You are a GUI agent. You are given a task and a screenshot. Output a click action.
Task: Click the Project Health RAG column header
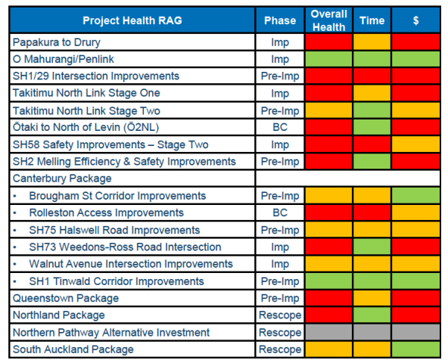click(x=132, y=20)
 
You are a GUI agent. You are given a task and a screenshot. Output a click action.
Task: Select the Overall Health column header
click(x=328, y=20)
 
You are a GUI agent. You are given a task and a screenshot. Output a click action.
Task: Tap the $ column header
click(x=415, y=20)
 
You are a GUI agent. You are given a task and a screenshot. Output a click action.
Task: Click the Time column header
click(x=372, y=20)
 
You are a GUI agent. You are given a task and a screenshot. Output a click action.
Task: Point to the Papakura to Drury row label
click(x=57, y=42)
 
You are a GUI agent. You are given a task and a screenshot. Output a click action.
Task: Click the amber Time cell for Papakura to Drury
click(x=372, y=42)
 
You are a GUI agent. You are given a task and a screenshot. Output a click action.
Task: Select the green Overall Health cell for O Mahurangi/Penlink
click(x=328, y=59)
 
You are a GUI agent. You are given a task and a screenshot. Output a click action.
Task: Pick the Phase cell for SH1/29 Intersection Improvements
click(x=280, y=76)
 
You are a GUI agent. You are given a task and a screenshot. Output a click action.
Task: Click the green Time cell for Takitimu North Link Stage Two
click(x=372, y=110)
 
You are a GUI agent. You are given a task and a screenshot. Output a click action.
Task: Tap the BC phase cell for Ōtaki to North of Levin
click(x=280, y=127)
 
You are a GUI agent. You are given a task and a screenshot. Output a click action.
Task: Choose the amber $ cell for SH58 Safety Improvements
click(x=415, y=144)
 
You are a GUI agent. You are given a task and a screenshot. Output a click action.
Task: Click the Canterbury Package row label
click(x=62, y=178)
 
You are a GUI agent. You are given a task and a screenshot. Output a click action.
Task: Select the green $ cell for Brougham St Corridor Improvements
click(x=415, y=196)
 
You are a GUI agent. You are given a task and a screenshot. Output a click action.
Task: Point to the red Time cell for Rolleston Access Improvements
click(x=372, y=213)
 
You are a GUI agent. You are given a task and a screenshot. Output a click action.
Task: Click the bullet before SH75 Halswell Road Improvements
click(x=15, y=230)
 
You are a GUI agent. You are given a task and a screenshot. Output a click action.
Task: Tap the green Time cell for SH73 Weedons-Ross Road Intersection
click(x=372, y=247)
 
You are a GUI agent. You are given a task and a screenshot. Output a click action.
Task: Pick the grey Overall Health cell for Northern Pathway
click(x=328, y=332)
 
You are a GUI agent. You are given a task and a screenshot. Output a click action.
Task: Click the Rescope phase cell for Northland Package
click(x=280, y=315)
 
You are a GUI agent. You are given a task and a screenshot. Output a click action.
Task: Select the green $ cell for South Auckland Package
click(x=415, y=349)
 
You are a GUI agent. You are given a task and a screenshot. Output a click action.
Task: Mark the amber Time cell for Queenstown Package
click(x=372, y=298)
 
